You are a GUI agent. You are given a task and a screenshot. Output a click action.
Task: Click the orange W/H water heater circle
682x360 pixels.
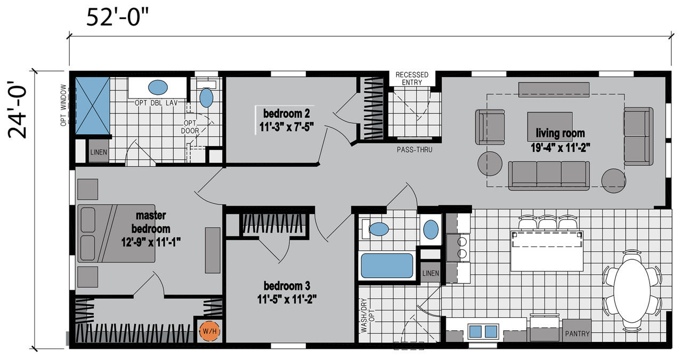click(210, 331)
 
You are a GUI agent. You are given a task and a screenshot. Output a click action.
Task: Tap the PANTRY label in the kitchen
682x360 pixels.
click(577, 334)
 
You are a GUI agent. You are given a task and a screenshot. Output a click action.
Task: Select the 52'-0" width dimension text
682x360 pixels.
click(118, 18)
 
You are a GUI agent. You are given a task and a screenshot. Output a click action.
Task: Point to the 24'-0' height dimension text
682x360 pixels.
click(18, 110)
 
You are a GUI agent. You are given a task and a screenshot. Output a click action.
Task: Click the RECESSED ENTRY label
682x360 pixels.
click(412, 78)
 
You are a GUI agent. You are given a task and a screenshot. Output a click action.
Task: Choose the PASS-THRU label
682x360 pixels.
click(415, 150)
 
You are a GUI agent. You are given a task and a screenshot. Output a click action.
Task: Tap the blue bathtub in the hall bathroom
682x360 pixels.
click(387, 265)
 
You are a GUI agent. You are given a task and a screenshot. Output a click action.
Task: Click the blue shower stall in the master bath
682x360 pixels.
click(93, 105)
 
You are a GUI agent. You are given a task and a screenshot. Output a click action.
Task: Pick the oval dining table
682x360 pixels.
click(632, 291)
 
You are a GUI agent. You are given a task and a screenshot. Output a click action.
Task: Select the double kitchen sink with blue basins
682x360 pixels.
click(483, 331)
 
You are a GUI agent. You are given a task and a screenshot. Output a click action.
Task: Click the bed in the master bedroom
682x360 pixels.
click(116, 233)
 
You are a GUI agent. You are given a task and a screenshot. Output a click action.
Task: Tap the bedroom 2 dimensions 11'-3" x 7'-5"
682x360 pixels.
click(287, 127)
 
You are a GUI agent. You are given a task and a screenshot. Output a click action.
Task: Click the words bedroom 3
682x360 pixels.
click(287, 286)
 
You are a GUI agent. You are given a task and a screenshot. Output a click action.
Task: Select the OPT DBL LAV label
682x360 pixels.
click(156, 103)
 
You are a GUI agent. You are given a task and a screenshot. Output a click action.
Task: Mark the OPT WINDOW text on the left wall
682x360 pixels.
click(63, 105)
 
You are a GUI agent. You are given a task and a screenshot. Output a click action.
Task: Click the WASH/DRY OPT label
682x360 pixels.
click(368, 315)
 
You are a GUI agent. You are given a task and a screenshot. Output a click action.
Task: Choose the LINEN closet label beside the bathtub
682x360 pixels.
click(431, 273)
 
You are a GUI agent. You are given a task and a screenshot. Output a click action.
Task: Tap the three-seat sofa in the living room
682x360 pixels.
click(549, 176)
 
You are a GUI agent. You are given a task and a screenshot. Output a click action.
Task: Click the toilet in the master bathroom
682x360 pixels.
click(206, 94)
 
